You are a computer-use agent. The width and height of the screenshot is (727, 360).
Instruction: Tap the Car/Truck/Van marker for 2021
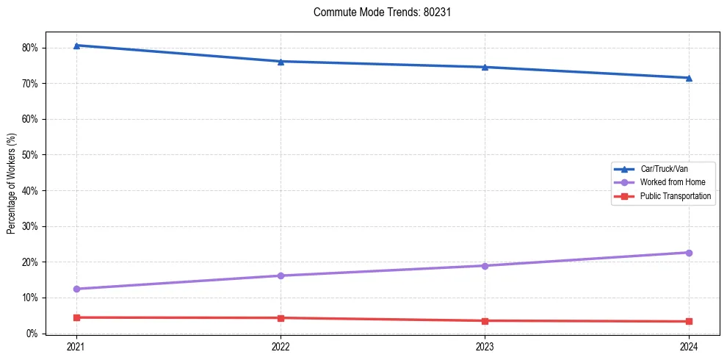coord(76,46)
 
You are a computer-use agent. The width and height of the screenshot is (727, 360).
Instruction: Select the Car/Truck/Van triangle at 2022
coord(281,61)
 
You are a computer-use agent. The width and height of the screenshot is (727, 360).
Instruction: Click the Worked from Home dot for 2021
coord(76,289)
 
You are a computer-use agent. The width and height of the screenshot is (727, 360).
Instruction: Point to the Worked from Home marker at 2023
coord(485,266)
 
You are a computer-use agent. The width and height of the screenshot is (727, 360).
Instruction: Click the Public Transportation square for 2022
coord(281,318)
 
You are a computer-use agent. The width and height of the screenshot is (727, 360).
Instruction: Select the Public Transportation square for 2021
coord(76,317)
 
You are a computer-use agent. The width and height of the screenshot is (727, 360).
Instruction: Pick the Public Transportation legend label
coord(675,196)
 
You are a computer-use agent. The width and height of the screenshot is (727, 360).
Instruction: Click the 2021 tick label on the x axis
coord(76,346)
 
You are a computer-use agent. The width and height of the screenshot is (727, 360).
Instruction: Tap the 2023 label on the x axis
coord(485,346)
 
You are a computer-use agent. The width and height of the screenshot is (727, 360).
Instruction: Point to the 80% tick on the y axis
coord(30,48)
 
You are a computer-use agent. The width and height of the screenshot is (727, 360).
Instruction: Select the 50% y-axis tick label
coord(30,155)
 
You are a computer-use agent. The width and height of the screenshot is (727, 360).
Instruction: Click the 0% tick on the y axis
coord(32,334)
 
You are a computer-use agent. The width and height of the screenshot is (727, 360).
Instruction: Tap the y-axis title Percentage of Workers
coord(11,184)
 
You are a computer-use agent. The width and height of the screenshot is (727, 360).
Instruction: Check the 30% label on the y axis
coord(30,226)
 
